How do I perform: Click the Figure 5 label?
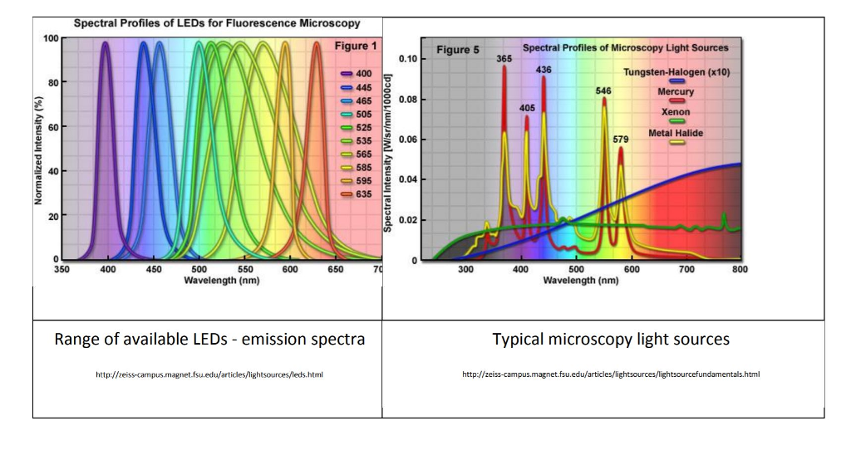point(458,50)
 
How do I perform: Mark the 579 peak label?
point(621,139)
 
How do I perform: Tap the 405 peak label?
point(528,107)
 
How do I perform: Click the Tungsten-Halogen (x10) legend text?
point(676,72)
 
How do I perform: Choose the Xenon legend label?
point(675,112)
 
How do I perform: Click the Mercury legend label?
point(676,92)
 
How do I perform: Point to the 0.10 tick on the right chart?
point(407,59)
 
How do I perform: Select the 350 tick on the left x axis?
point(61,270)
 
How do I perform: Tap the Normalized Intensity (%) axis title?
point(39,149)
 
